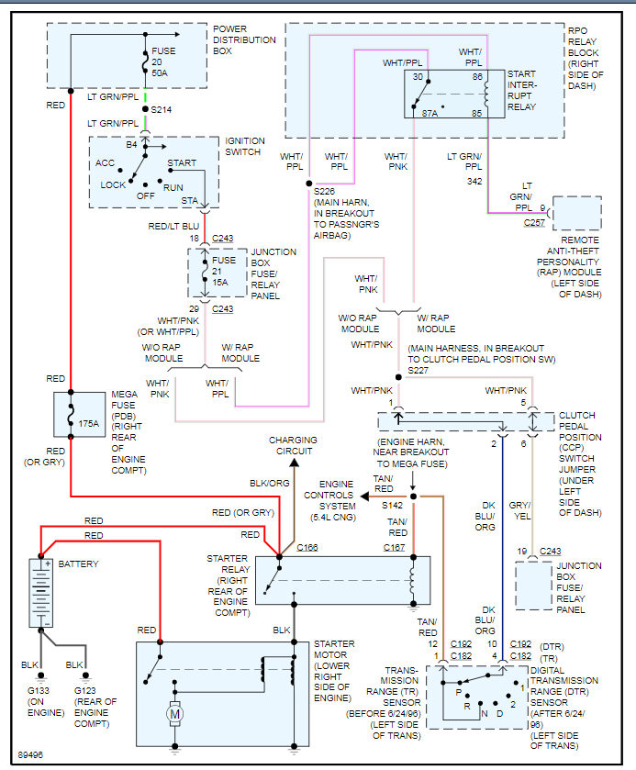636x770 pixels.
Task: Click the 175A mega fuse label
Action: tap(89, 424)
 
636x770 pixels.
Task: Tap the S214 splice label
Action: tap(162, 109)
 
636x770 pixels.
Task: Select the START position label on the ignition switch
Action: tap(182, 163)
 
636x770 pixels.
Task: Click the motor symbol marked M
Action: tap(173, 711)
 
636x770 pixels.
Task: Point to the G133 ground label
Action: tap(38, 689)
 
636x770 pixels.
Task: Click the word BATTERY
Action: tap(78, 564)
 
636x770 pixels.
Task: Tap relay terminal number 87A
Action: tap(428, 114)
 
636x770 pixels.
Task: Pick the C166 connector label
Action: tap(307, 548)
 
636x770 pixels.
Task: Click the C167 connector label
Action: tap(396, 548)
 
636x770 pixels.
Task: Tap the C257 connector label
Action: tap(535, 223)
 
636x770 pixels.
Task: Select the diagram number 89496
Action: tap(30, 755)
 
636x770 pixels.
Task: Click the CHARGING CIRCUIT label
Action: tap(293, 445)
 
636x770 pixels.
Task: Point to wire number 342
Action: tap(473, 182)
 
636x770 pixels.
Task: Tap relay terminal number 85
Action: tap(477, 114)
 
